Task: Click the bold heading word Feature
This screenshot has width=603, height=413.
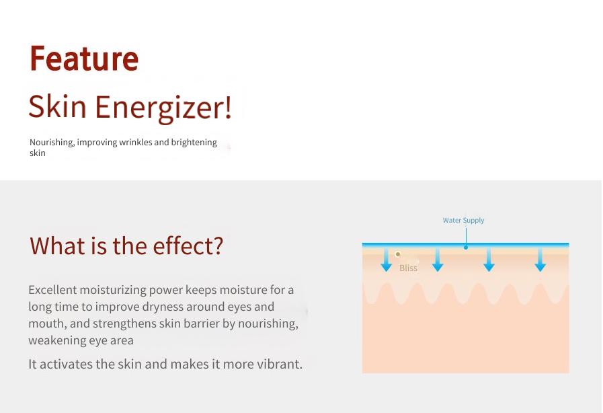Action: point(84,59)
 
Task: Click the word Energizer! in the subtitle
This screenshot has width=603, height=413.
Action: point(163,108)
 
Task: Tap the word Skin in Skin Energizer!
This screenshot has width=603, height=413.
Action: point(58,106)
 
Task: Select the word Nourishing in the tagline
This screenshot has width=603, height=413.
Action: point(52,143)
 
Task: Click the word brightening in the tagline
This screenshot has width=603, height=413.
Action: point(194,143)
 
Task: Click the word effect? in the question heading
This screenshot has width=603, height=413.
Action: point(188,246)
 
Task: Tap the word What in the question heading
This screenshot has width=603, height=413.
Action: point(58,246)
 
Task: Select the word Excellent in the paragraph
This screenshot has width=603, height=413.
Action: point(52,289)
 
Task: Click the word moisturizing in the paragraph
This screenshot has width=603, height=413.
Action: point(113,290)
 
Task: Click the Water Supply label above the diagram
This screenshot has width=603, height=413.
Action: point(463,220)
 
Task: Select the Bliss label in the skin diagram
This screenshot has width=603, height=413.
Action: point(408,268)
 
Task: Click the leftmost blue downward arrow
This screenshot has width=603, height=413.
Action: point(386,260)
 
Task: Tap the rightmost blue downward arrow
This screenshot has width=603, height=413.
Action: point(540,260)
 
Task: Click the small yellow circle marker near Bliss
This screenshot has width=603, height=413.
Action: point(398,254)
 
